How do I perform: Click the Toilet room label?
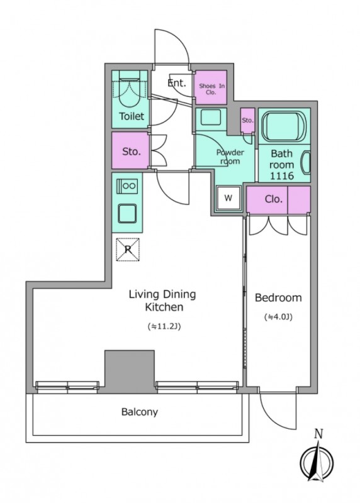132,116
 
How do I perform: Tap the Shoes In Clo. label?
211,89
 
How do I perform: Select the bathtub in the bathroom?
284,125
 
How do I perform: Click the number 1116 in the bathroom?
281,176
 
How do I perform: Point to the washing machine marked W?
228,198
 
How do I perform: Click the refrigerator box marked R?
128,249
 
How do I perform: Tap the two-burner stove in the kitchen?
127,186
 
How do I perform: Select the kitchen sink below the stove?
127,213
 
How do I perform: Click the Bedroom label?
278,297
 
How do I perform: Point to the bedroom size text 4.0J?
278,318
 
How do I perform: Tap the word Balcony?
139,412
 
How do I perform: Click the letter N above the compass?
318,434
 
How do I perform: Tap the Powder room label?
230,157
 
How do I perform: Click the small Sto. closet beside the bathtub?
247,121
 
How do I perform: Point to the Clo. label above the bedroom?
274,199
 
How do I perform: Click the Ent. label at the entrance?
177,83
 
